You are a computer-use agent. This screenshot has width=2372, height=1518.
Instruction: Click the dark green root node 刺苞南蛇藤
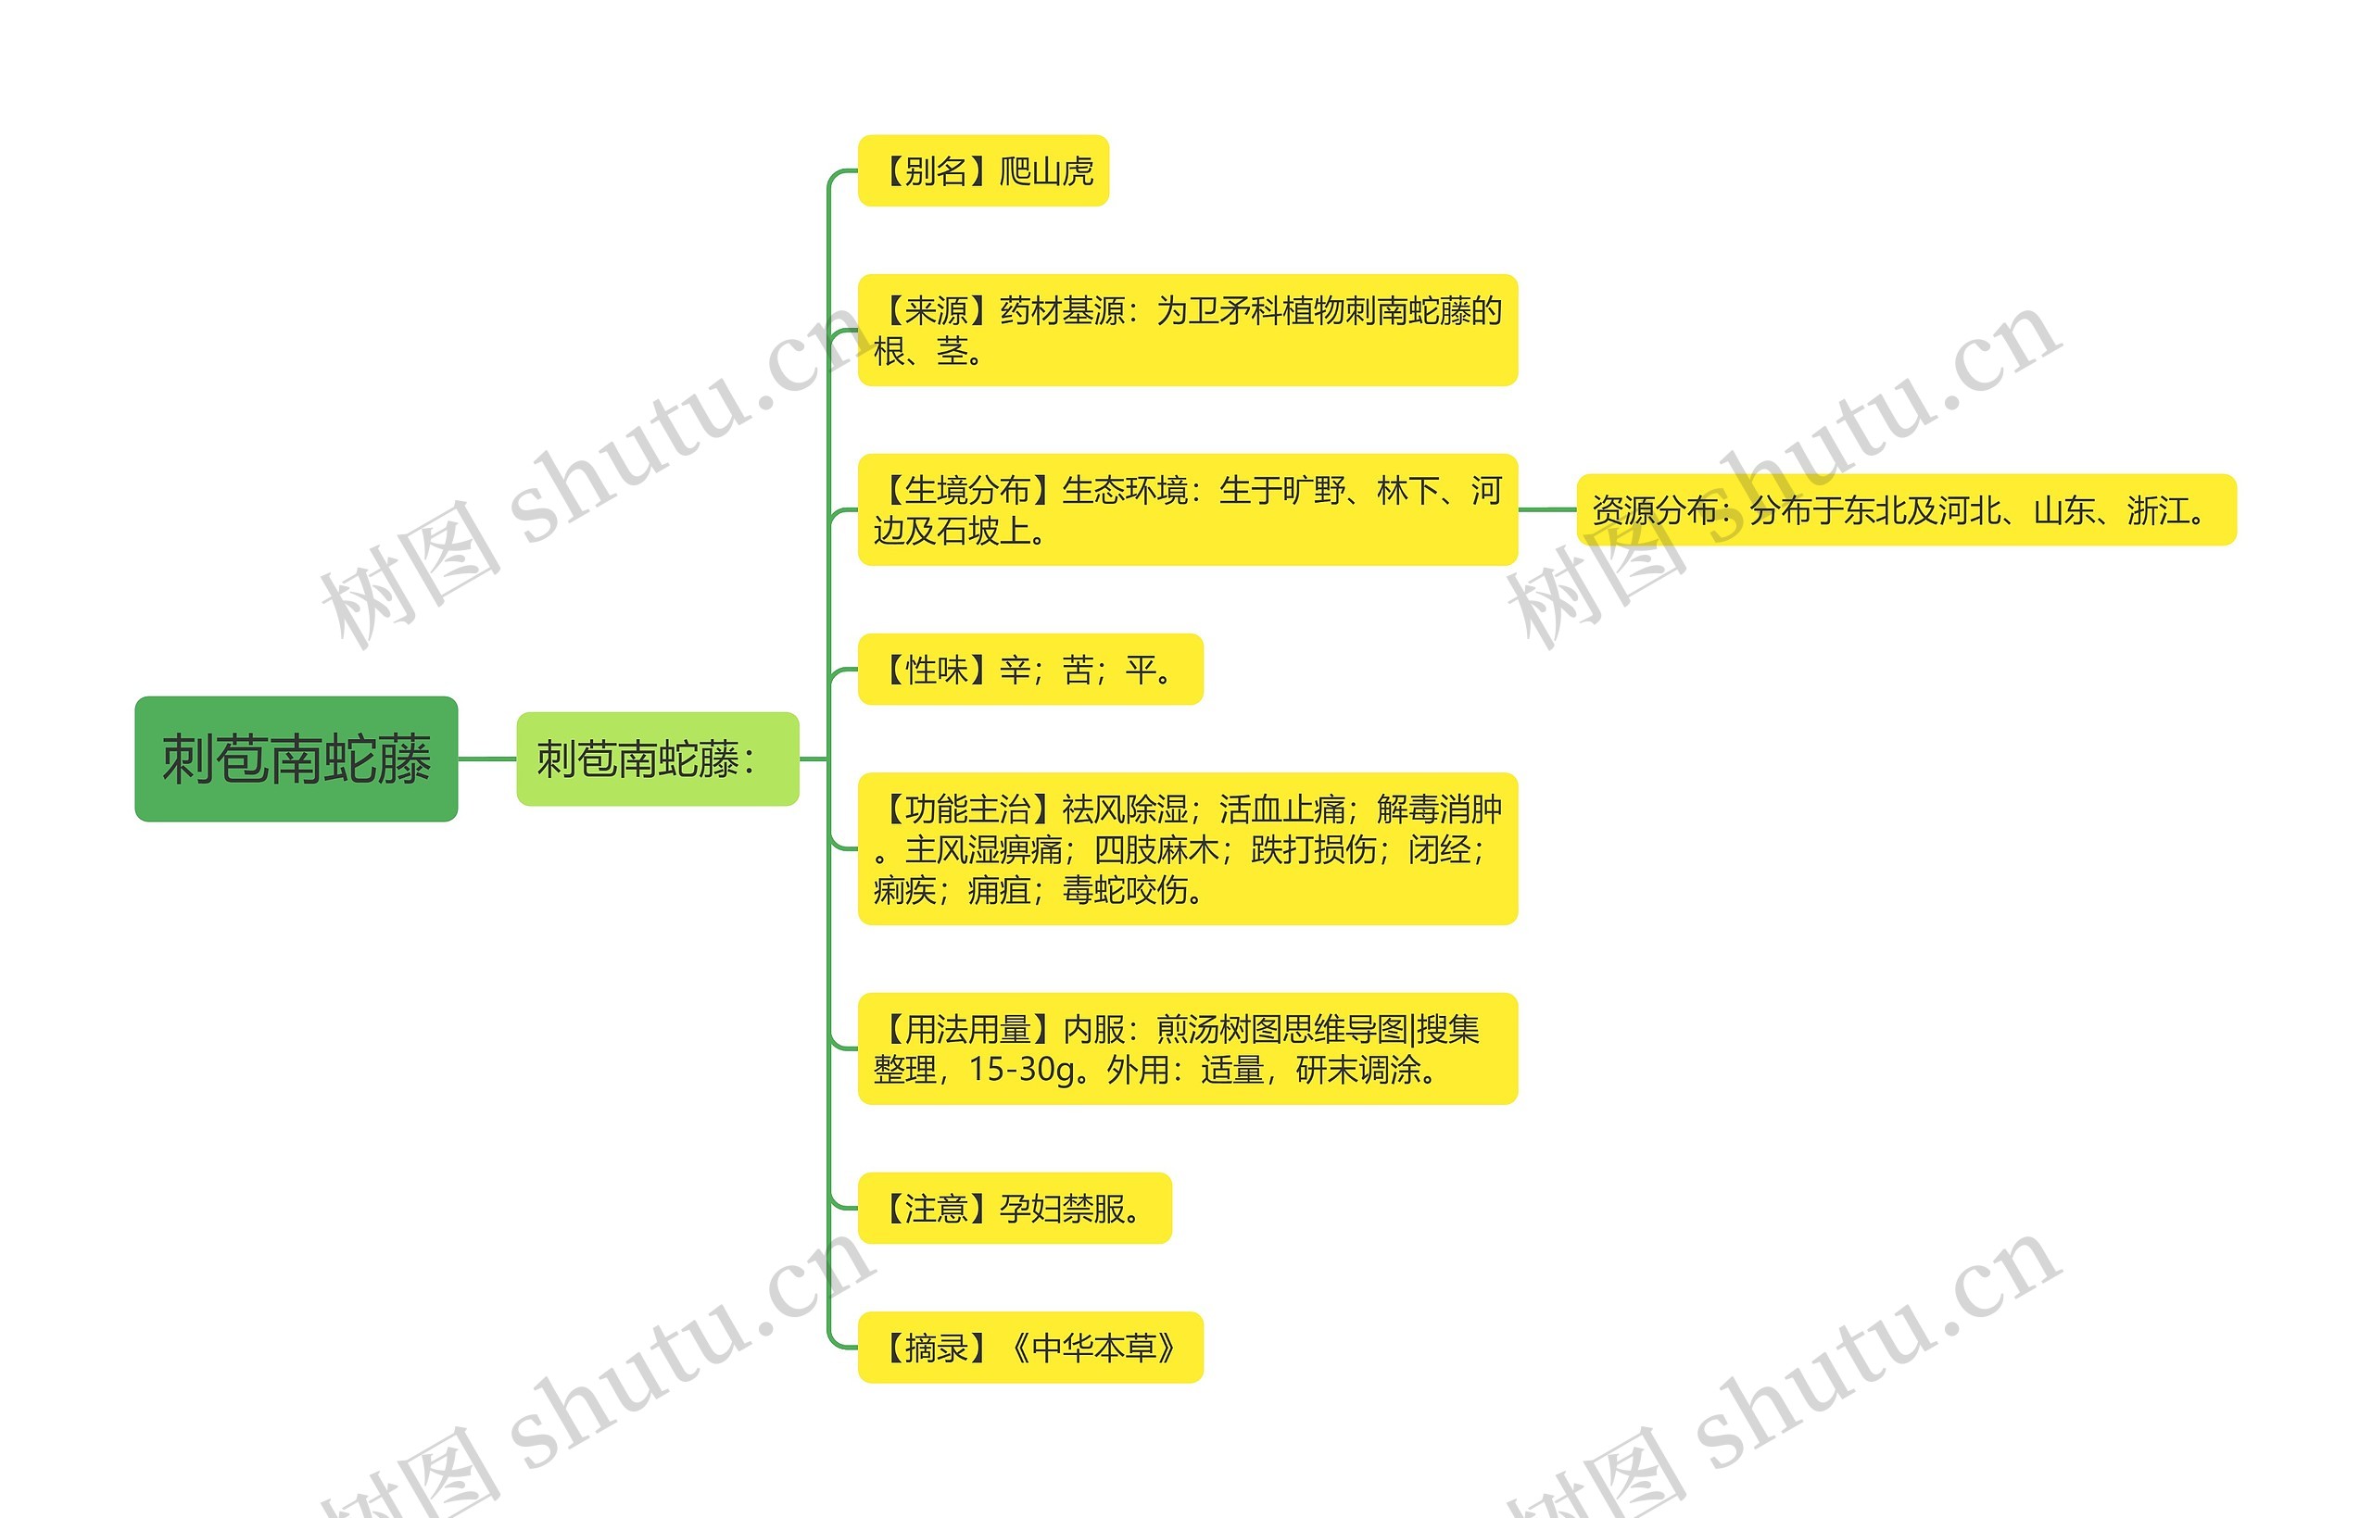pos(296,759)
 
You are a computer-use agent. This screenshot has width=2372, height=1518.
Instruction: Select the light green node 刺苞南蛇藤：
pos(657,759)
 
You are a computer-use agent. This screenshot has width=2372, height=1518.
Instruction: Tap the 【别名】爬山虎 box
pos(983,170)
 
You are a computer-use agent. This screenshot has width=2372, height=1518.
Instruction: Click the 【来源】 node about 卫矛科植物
pos(1187,331)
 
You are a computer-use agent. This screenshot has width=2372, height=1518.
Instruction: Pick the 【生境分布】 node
pos(1187,509)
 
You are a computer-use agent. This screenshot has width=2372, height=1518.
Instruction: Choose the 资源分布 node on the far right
pos(1906,509)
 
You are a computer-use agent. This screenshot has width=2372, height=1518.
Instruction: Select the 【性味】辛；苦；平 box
pos(1030,670)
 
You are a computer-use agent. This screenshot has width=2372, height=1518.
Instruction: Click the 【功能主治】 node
pos(1187,848)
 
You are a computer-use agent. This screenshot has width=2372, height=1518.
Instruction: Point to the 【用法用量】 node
pos(1187,1048)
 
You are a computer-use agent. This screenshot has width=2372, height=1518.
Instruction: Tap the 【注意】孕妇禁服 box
pos(1015,1209)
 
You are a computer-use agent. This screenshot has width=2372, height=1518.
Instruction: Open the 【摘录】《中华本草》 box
pos(1030,1348)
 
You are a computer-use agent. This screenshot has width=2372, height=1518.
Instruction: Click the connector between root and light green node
pos(487,759)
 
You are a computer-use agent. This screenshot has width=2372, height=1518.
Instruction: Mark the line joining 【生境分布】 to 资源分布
pos(1546,509)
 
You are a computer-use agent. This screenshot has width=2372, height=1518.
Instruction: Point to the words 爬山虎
pos(1046,171)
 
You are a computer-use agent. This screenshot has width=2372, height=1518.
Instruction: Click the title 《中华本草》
pos(1093,1348)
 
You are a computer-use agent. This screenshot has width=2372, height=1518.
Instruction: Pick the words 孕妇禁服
pos(1062,1209)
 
